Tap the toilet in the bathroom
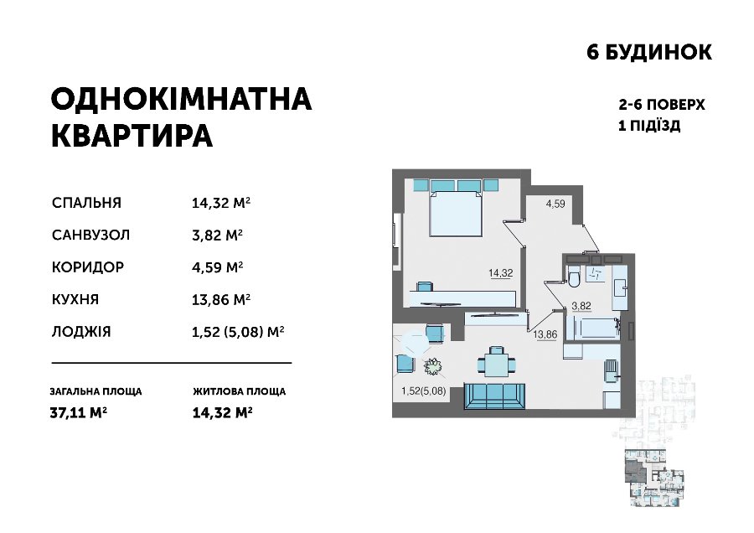[573, 277]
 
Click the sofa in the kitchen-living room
[495, 396]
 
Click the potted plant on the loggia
[433, 366]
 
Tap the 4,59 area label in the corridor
[555, 204]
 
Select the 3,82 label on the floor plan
[581, 306]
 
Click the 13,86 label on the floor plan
[545, 334]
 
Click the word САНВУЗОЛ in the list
[90, 235]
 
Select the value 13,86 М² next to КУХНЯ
[221, 300]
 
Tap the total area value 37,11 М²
[79, 412]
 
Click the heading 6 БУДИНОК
[649, 52]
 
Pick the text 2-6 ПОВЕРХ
[662, 105]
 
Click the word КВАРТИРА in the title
[132, 136]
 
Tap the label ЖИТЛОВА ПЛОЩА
[240, 391]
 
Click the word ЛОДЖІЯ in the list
[81, 332]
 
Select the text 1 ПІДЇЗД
[649, 126]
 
